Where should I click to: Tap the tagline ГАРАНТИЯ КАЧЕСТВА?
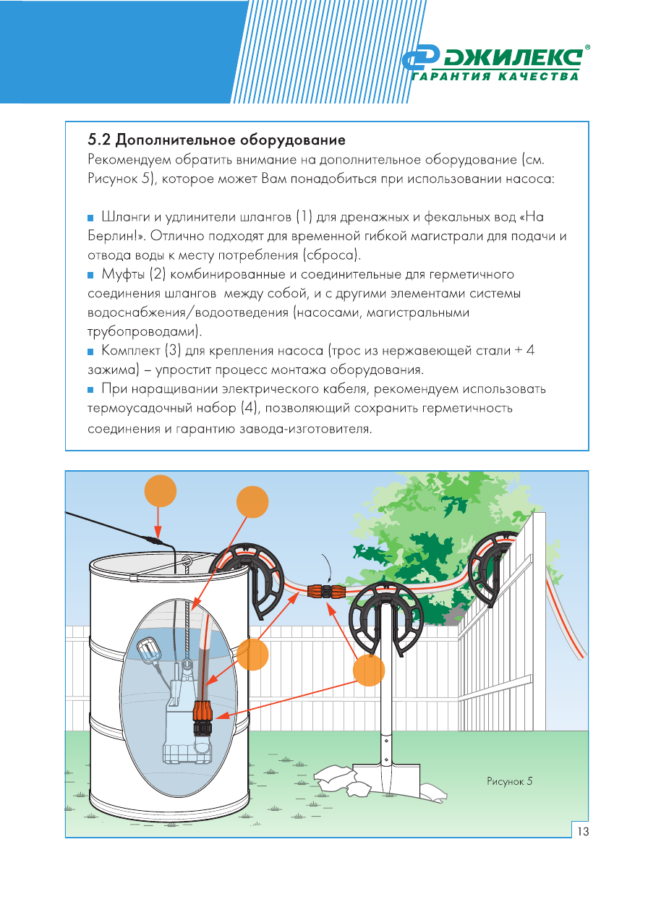[x=496, y=77]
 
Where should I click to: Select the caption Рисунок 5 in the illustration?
[x=509, y=781]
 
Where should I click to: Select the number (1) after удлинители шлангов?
[x=303, y=217]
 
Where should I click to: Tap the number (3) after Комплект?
[x=171, y=352]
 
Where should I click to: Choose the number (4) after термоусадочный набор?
[x=249, y=409]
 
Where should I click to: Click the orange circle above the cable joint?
[x=161, y=491]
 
